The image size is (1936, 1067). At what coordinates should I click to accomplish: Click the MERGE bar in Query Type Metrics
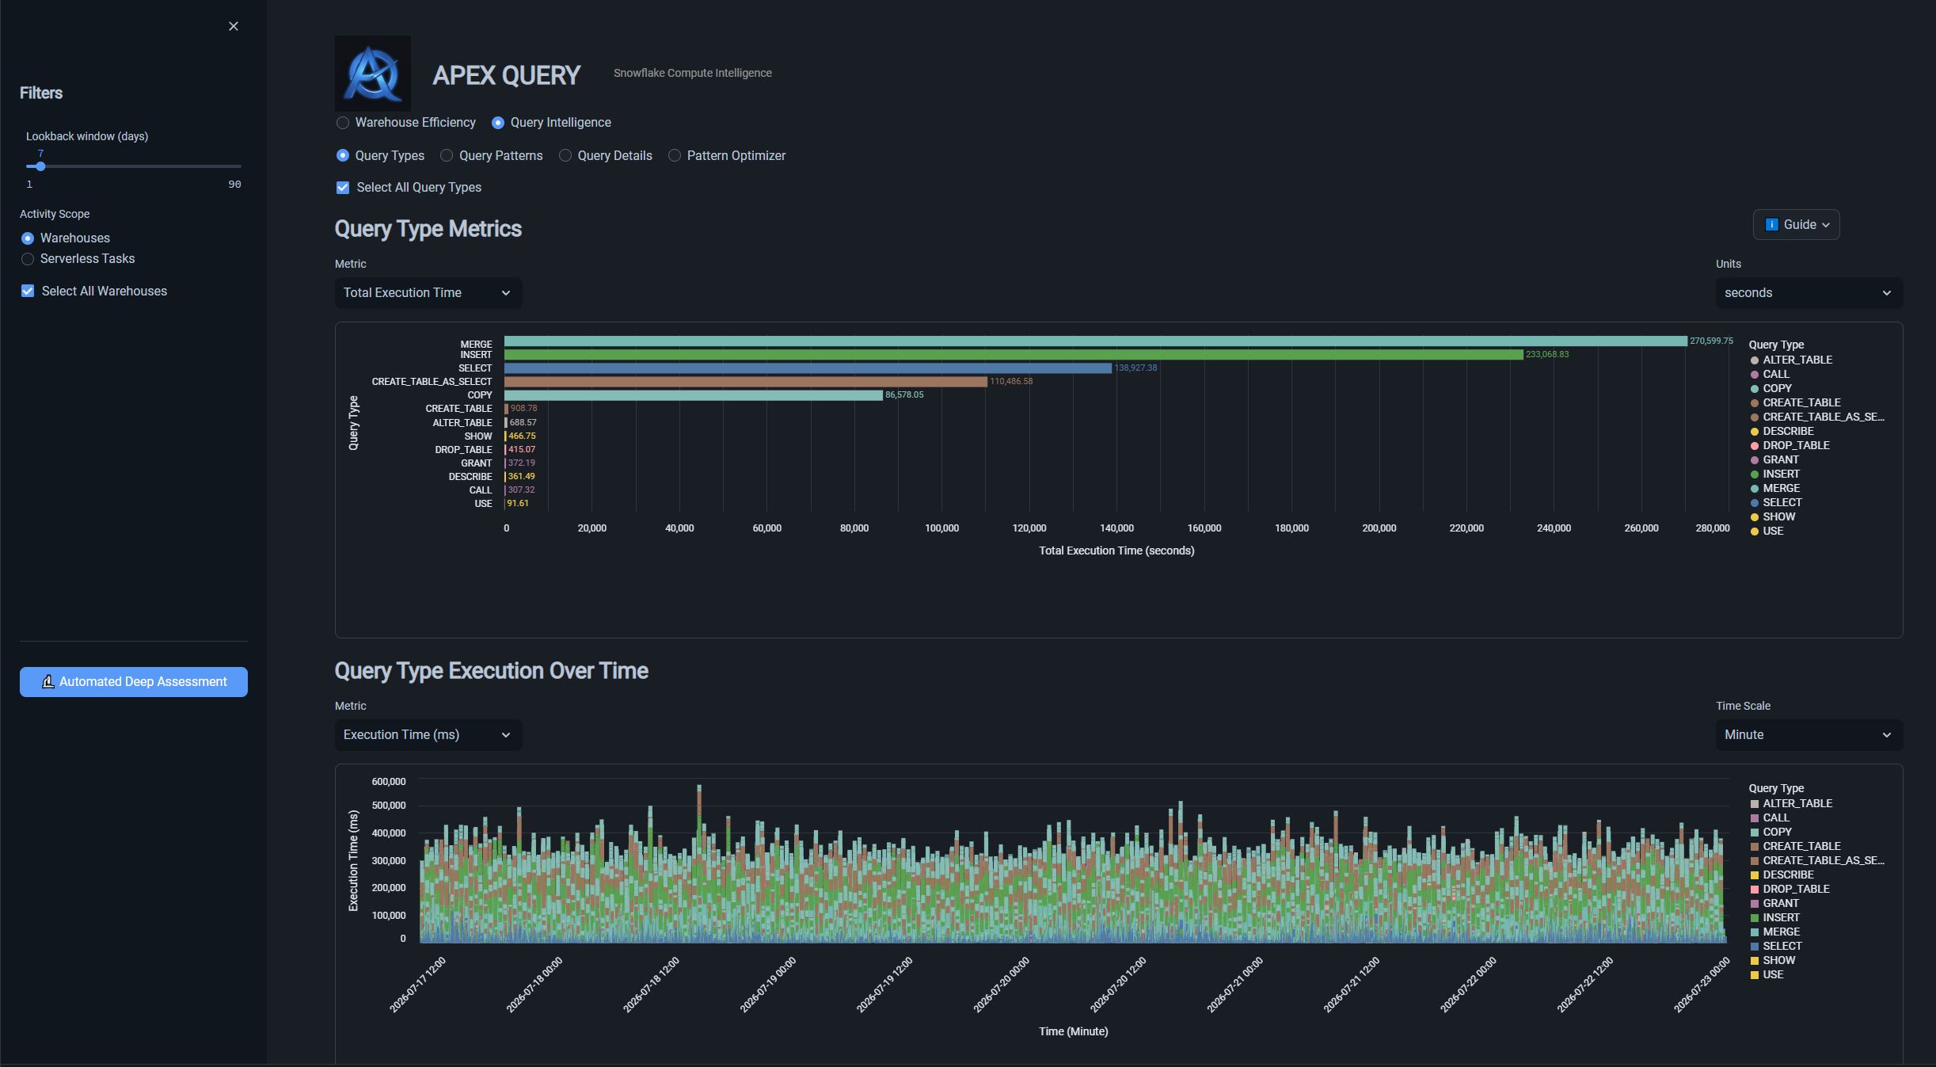coord(1096,341)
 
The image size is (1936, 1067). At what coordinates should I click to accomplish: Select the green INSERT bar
coord(1014,355)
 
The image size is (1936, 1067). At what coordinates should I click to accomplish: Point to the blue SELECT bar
coord(808,368)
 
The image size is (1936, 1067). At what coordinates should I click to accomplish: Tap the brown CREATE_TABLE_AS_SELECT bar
coord(746,382)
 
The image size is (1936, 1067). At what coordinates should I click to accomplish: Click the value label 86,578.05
coord(904,395)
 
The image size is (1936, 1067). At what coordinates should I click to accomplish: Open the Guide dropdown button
coord(1796,225)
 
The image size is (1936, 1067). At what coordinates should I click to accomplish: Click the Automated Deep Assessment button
coord(134,682)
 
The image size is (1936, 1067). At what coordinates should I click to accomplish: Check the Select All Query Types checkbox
coord(343,188)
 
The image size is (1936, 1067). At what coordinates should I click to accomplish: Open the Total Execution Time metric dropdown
coord(428,293)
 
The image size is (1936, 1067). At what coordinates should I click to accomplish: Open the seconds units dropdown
coord(1809,293)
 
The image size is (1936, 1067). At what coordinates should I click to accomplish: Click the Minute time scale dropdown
coord(1809,735)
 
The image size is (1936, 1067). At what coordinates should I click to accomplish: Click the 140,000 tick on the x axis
coord(1116,528)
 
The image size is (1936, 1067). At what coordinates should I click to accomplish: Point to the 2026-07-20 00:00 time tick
coord(1002,984)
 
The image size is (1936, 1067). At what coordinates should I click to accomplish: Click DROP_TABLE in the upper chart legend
coord(1796,445)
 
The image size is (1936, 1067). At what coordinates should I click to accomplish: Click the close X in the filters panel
coord(234,26)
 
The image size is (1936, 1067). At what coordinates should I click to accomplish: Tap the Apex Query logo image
coord(373,73)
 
